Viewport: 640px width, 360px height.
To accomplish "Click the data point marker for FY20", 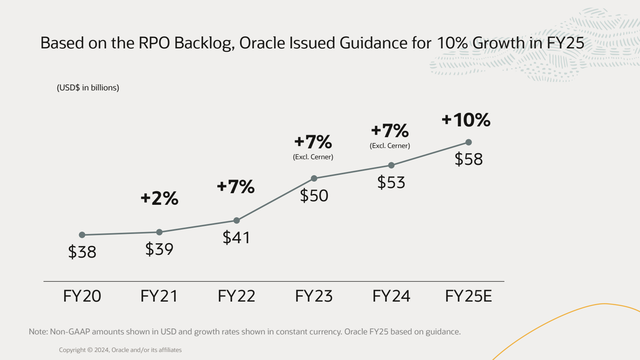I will coord(82,235).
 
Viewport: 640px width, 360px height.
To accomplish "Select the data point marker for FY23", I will coord(314,178).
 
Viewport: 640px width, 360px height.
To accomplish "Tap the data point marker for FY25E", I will coord(469,142).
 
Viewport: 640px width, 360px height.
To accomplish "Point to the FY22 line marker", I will coord(237,220).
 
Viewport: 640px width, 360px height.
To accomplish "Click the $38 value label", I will coord(82,252).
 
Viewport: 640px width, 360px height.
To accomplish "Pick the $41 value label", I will coord(236,238).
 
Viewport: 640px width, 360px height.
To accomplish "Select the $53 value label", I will coord(391,182).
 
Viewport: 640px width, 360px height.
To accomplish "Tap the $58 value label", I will coord(468,159).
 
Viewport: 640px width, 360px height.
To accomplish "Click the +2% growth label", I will coord(160,198).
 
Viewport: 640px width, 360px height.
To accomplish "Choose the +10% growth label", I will coord(466,120).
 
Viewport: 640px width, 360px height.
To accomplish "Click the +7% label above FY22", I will coord(236,186).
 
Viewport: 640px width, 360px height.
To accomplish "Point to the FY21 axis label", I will coord(159,296).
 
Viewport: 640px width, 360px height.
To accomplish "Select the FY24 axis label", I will coord(391,296).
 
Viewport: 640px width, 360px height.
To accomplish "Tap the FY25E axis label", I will coord(468,296).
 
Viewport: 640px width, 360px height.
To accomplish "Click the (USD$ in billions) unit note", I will coord(88,88).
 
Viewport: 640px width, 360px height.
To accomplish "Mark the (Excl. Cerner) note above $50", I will coord(313,157).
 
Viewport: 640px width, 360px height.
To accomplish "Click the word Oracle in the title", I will coord(262,43).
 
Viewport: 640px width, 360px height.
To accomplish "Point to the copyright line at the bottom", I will coord(120,350).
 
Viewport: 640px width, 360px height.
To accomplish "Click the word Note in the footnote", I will coord(38,332).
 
